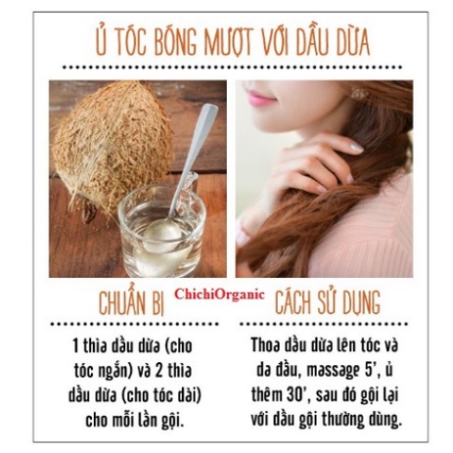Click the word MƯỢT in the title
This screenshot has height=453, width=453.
pos(229,41)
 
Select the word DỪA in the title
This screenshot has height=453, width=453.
pos(354,41)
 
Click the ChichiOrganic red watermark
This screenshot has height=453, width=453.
pos(219,294)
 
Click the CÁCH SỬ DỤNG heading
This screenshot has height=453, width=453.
pos(328,302)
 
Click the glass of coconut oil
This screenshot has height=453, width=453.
pos(162,228)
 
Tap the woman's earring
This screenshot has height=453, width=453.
pos(359,94)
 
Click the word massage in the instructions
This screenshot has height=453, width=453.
pos(332,372)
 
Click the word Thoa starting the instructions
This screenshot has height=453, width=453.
pos(265,345)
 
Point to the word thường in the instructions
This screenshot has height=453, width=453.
pos(341,420)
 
